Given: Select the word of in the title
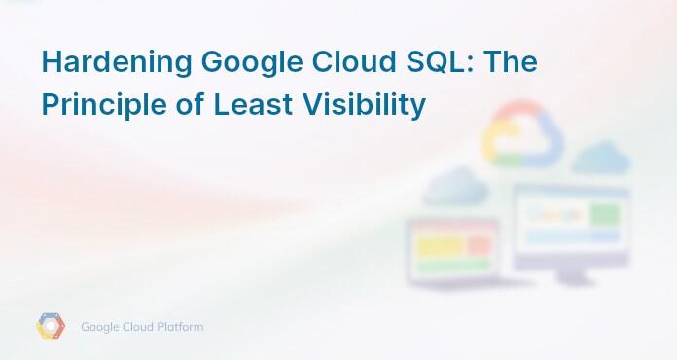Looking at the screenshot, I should point(189,104).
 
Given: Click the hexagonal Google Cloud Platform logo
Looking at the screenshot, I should point(51,327).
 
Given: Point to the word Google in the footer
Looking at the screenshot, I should point(101,327).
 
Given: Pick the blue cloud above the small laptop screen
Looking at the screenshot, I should point(454,185).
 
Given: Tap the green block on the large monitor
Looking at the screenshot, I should point(604,212).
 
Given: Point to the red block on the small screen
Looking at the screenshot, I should point(479,247).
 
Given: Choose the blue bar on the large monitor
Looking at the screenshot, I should point(562,236).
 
